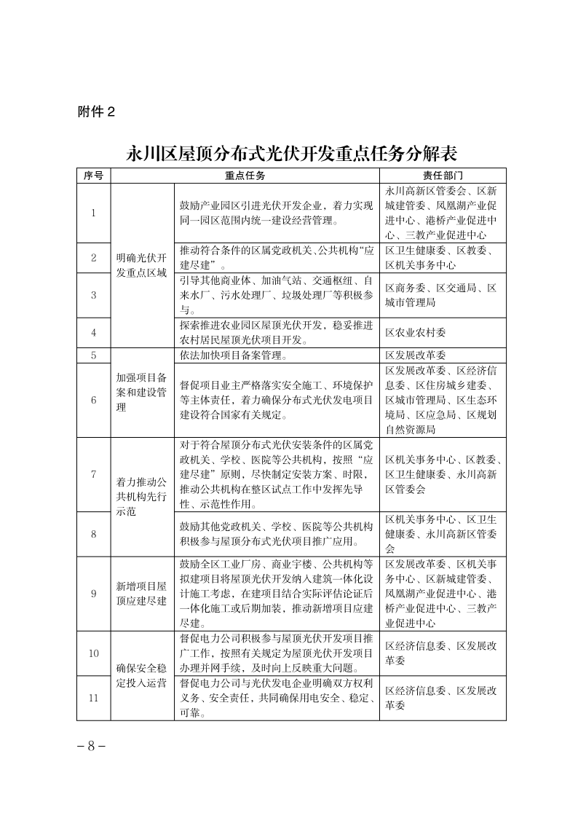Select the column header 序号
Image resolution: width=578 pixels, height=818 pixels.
93,176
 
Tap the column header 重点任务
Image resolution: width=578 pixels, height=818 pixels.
245,176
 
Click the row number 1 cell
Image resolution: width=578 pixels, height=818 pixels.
93,213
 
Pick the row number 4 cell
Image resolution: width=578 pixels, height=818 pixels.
93,332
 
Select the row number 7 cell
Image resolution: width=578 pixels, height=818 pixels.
93,474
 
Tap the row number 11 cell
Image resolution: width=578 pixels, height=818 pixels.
93,698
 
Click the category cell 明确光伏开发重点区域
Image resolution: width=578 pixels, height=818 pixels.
141,265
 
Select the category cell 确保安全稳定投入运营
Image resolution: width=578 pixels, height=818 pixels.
141,675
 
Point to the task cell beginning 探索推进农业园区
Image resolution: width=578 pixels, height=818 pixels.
276,332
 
